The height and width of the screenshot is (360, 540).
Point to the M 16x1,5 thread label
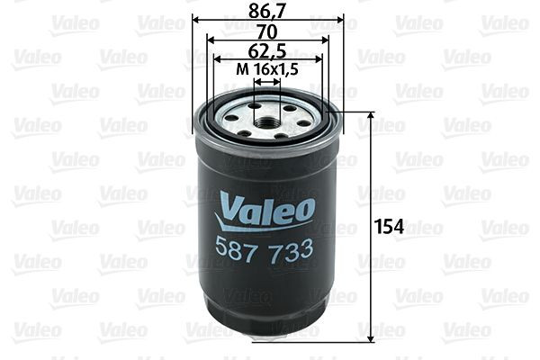267,67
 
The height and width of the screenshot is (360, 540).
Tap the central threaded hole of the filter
267,118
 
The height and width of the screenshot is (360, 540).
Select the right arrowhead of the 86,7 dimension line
340,21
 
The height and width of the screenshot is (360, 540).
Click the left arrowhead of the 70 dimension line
209,40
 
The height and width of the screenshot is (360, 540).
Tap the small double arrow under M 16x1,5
267,79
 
